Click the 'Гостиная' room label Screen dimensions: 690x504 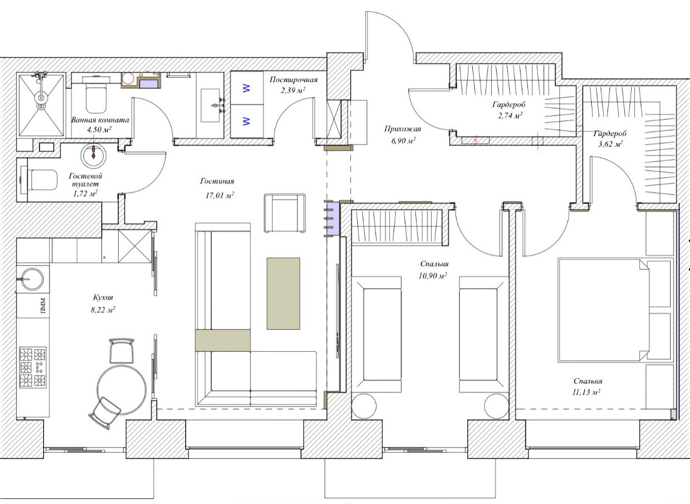[218, 181]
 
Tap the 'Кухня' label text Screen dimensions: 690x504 [103, 297]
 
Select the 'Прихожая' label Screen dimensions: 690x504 [403, 129]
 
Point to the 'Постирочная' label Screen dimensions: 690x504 [293, 80]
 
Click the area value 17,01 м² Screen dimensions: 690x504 [220, 195]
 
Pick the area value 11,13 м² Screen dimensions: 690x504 [587, 392]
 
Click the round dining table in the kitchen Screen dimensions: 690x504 [121, 389]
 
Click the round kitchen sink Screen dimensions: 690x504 [31, 279]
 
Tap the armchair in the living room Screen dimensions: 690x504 [285, 213]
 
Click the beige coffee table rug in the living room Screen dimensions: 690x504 [283, 294]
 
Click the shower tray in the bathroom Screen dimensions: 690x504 [41, 105]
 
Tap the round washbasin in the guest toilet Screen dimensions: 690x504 [93, 155]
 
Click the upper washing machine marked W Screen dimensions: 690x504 [246, 88]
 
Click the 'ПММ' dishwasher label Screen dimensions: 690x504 [43, 304]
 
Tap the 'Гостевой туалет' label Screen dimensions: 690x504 [85, 184]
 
